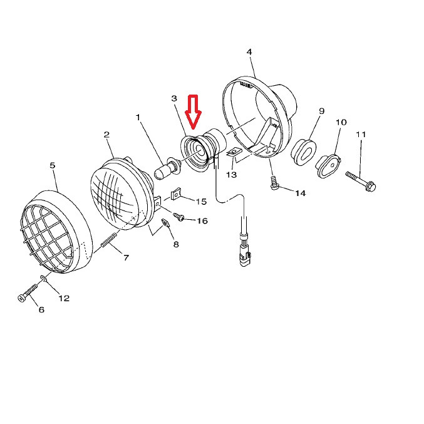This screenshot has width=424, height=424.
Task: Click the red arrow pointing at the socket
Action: click(192, 111)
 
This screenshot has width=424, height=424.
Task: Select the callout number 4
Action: click(249, 52)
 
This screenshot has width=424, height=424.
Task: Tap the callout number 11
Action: click(361, 135)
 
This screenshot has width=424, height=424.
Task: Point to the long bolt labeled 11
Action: click(361, 180)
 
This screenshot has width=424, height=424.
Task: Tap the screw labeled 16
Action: click(179, 217)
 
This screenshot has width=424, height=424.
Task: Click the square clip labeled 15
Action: click(176, 195)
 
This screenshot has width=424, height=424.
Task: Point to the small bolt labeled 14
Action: click(274, 183)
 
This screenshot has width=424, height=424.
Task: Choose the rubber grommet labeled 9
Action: click(303, 152)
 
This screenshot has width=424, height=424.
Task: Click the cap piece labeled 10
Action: click(328, 166)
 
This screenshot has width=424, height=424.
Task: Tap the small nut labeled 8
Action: click(165, 223)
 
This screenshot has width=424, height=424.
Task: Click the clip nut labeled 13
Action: click(233, 153)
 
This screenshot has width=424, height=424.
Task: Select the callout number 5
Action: click(53, 165)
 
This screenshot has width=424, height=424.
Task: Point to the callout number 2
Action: click(107, 135)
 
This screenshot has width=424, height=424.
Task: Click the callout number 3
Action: click(174, 98)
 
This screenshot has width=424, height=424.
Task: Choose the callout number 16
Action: click(202, 221)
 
